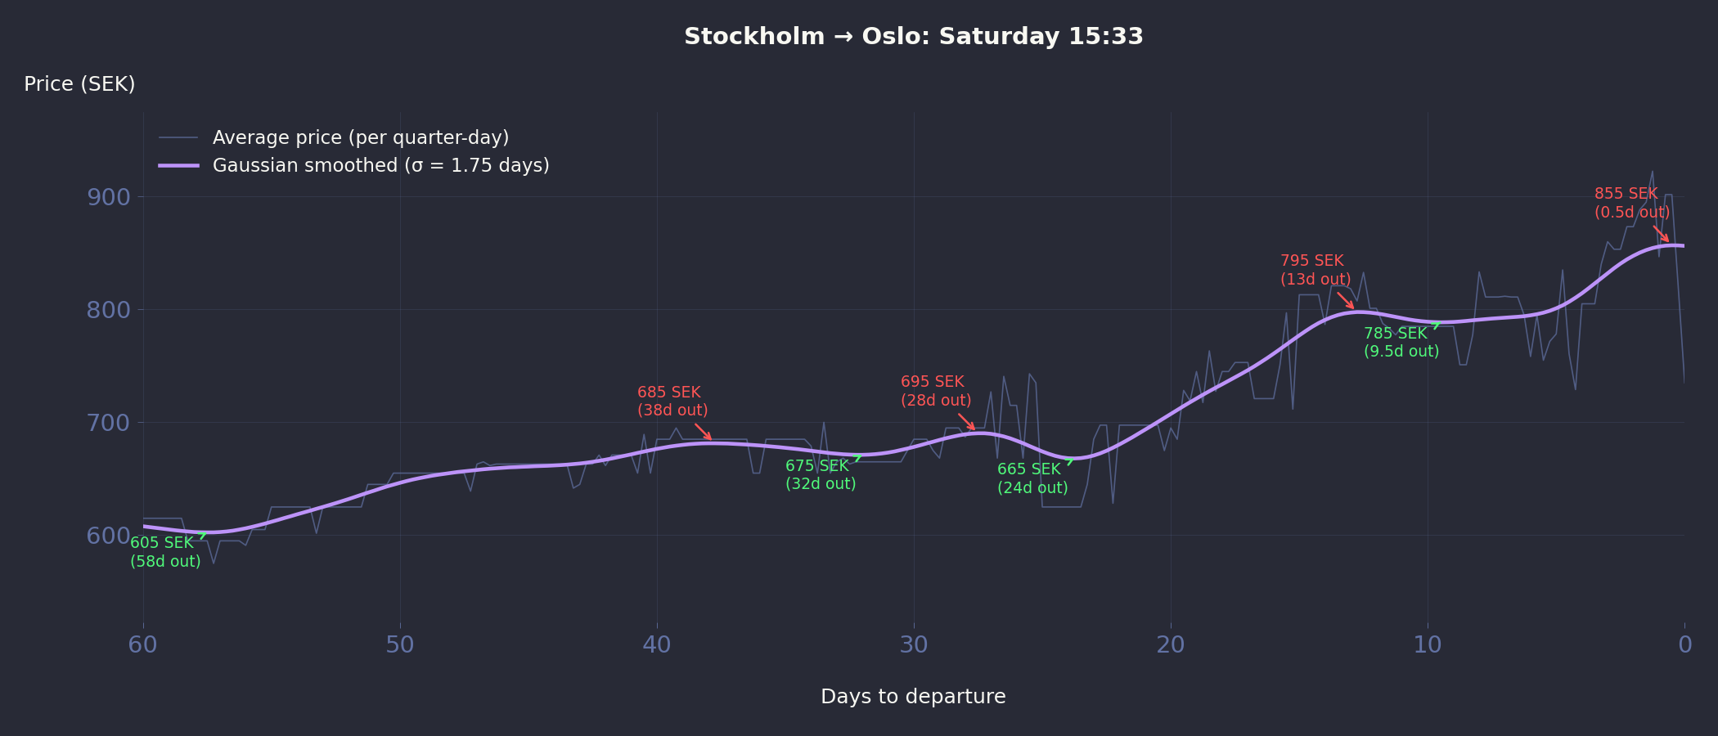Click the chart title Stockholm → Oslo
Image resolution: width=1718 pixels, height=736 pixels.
click(913, 37)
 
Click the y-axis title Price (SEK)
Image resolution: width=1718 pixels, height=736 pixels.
click(79, 84)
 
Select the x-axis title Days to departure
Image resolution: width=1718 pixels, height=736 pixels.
click(913, 697)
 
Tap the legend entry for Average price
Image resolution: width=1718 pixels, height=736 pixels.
click(360, 137)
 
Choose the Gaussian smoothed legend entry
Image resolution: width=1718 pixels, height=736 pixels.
click(380, 165)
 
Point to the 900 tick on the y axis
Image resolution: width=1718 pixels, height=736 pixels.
click(108, 197)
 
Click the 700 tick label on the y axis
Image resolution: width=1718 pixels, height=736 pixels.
click(108, 423)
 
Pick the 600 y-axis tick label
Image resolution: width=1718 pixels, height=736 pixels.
click(108, 536)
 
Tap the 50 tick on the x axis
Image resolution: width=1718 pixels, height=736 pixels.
click(400, 645)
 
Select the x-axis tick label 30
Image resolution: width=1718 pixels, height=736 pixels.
click(914, 645)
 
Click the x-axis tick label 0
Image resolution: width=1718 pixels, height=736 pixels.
click(1684, 645)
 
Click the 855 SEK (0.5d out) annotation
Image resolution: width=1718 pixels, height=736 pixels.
click(1631, 203)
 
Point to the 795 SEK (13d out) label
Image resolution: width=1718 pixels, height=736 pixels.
click(1315, 270)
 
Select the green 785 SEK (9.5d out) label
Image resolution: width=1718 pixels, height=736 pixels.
click(1401, 343)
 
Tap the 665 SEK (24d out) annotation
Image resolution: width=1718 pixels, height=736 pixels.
click(1032, 478)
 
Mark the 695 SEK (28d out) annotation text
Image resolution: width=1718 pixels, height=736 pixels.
click(936, 391)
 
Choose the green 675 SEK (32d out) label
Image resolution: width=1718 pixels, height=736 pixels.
click(821, 475)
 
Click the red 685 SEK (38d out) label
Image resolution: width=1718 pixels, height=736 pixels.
click(672, 402)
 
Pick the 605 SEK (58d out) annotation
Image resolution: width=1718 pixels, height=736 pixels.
click(165, 552)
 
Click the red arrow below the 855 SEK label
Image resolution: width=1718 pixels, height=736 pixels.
click(1661, 234)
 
